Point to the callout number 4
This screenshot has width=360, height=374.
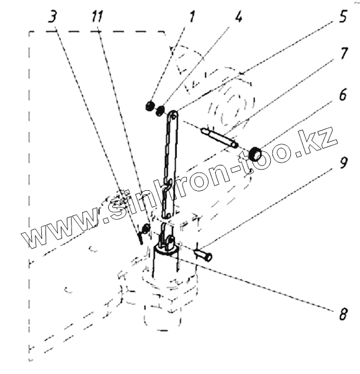pyautogui.click(x=238, y=17)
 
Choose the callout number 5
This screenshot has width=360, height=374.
pyautogui.click(x=342, y=17)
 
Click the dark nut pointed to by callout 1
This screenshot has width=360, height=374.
pyautogui.click(x=150, y=106)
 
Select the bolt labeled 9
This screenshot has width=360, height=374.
pyautogui.click(x=203, y=256)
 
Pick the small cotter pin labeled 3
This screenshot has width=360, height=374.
pyautogui.click(x=140, y=236)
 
